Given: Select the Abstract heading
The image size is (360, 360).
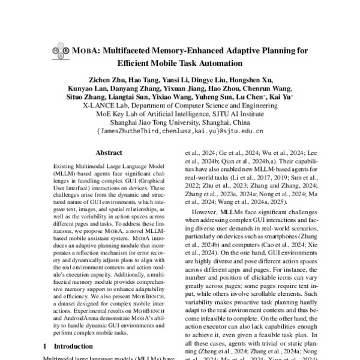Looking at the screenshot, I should (x=109, y=154).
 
